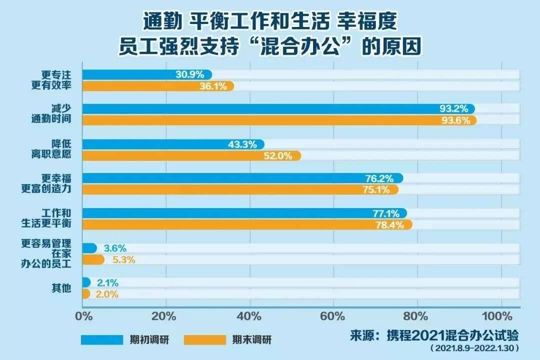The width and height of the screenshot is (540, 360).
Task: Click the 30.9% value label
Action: click(189, 74)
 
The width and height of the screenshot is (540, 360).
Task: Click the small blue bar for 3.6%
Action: click(89, 248)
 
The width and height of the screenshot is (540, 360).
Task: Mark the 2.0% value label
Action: click(106, 294)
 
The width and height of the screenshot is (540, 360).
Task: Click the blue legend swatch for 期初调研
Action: click(102, 339)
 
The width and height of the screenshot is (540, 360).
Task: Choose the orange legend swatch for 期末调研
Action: click(205, 339)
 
